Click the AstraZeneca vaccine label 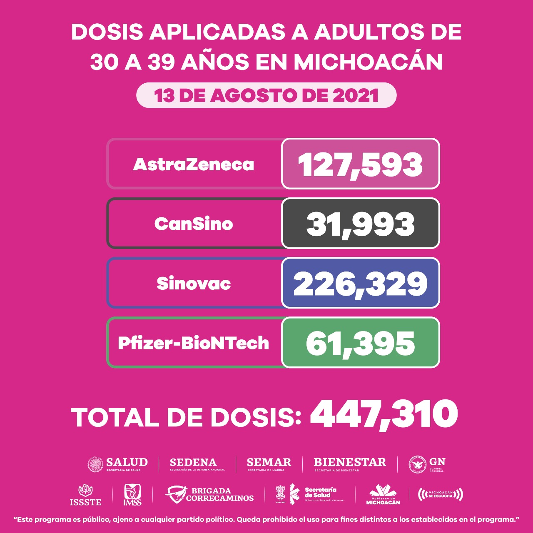click(194, 164)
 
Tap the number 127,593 click(360, 164)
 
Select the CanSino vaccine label click(194, 224)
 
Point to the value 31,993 click(360, 224)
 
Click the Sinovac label click(194, 284)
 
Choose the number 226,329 click(360, 284)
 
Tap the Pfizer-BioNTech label click(194, 343)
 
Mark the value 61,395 click(360, 343)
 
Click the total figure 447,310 click(384, 414)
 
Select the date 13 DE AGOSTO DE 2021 click(266, 95)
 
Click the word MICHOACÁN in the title click(368, 62)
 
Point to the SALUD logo click(117, 464)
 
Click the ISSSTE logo click(85, 495)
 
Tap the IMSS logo click(132, 495)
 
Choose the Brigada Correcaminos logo click(209, 494)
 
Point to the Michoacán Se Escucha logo click(440, 494)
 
